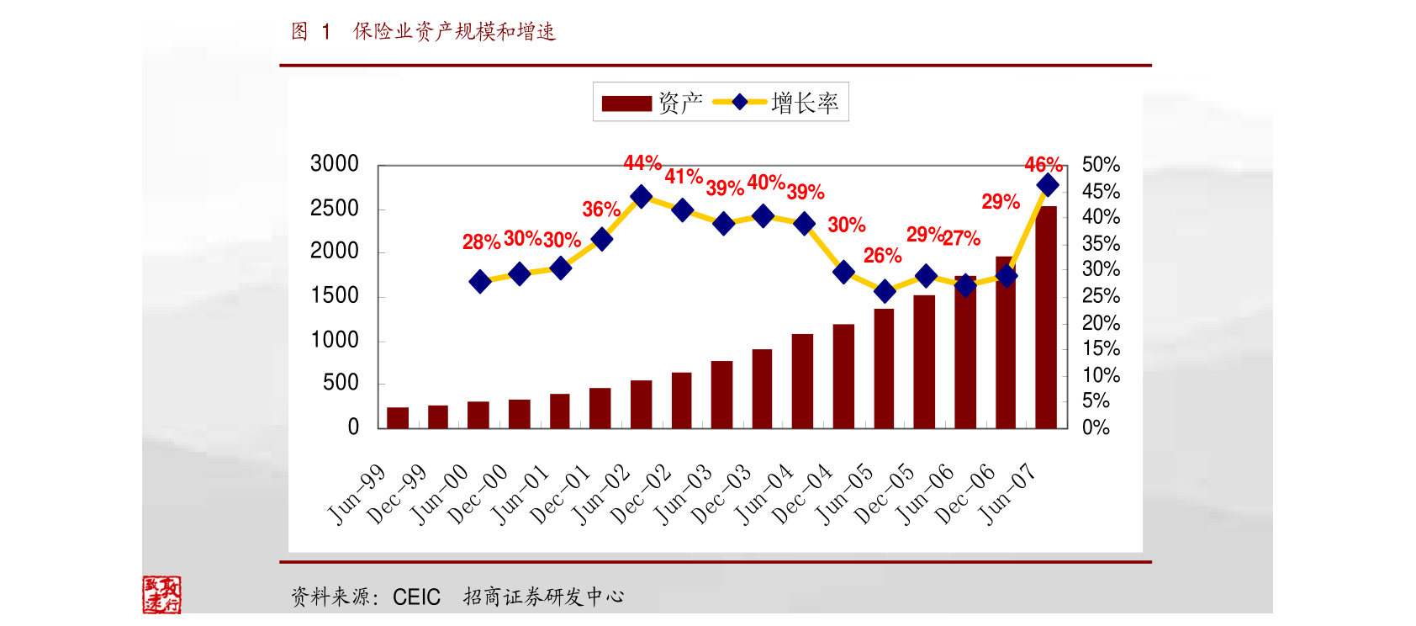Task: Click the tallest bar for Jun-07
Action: point(1046,317)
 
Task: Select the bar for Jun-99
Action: point(398,418)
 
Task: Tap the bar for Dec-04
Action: point(843,376)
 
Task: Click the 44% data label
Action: point(642,163)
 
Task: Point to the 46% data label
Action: point(1043,165)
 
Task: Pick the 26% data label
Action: point(882,256)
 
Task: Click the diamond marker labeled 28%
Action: point(480,281)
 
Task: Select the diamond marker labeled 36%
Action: point(602,239)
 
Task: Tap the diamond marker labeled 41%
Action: point(683,210)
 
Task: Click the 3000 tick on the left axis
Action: point(335,164)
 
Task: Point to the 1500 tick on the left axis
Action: point(335,295)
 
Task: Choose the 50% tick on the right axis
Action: point(1101,165)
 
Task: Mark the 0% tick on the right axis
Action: point(1096,428)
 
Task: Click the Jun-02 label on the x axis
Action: point(601,495)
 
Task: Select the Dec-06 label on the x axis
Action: point(964,495)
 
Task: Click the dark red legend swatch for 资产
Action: point(626,103)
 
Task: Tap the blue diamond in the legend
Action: point(740,102)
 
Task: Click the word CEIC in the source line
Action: point(416,597)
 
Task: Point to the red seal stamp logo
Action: point(161,594)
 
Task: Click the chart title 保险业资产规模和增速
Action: point(455,32)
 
